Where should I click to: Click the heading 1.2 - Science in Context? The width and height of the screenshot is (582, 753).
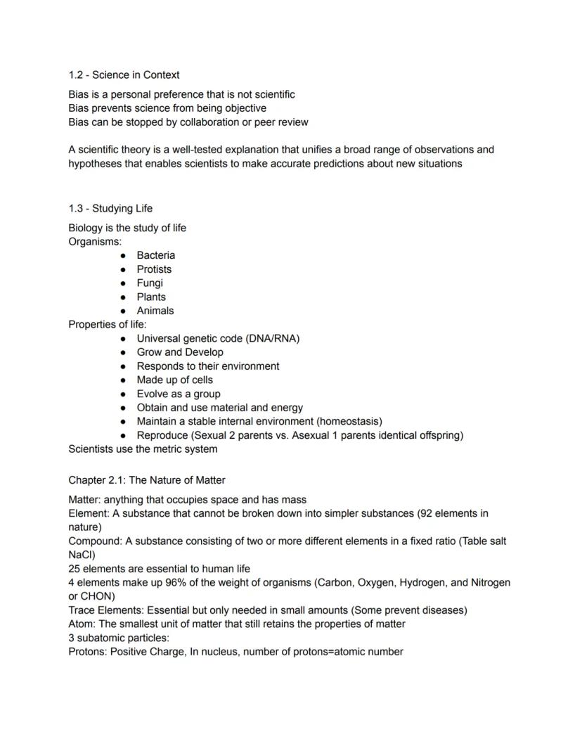coord(124,75)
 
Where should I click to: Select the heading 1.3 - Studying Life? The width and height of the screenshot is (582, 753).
coord(110,209)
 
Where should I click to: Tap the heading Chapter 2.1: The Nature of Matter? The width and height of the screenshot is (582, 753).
coord(147,480)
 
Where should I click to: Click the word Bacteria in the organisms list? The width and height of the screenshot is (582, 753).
coord(155,255)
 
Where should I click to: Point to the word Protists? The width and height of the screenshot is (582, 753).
coord(154,269)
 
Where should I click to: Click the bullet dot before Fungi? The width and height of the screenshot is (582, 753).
coord(123,283)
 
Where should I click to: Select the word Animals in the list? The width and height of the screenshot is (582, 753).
coord(155,311)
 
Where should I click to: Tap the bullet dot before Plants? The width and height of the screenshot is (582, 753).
coord(123,297)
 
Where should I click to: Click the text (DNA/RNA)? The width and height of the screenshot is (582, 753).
coord(273,338)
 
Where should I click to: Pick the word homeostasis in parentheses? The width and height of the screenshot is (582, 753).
coord(349,421)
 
